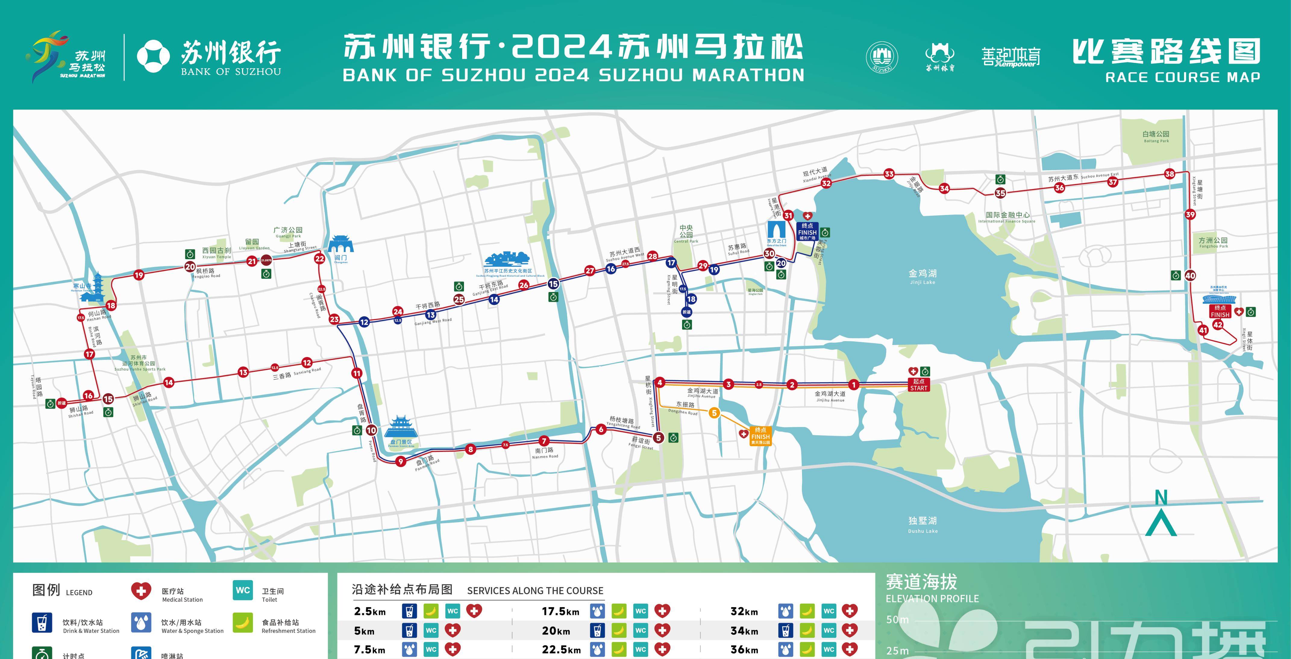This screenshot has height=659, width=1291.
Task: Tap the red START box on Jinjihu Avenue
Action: pyautogui.click(x=919, y=384)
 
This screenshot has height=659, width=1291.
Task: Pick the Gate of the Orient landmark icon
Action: pyautogui.click(x=776, y=232)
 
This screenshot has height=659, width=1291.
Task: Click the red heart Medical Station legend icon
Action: pyautogui.click(x=141, y=591)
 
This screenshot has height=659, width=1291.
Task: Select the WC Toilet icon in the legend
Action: pyautogui.click(x=243, y=590)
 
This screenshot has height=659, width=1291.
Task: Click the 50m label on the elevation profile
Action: pyautogui.click(x=897, y=620)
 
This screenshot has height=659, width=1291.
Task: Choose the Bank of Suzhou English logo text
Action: pyautogui.click(x=231, y=72)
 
